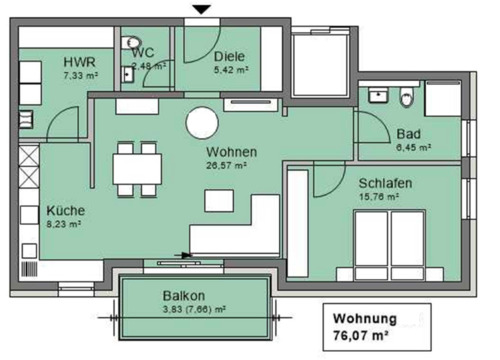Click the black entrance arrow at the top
pyautogui.click(x=203, y=10)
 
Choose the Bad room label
pyautogui.click(x=408, y=133)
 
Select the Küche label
pyautogui.click(x=65, y=211)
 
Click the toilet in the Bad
pyautogui.click(x=405, y=98)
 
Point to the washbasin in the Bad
pyautogui.click(x=378, y=96)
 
